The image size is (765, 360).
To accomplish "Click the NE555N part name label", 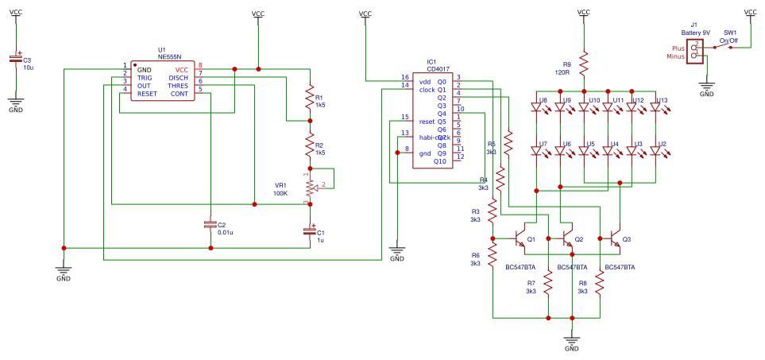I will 169,57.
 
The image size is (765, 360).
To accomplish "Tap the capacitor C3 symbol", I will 15,60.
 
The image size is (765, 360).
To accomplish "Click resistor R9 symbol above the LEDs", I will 583,62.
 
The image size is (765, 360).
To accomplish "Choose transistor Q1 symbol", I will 519,238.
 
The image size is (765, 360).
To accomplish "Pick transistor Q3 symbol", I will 614,238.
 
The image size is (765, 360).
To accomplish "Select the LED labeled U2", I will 655,150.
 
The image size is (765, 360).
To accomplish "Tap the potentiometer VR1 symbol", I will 311,188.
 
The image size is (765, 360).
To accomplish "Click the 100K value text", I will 280,193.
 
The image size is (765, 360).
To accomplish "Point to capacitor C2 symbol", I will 210,225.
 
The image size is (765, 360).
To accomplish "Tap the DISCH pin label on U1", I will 178,78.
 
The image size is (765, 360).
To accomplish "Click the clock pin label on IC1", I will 427,90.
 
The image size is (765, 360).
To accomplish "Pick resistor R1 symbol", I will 310,99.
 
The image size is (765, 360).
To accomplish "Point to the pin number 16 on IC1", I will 404,77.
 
